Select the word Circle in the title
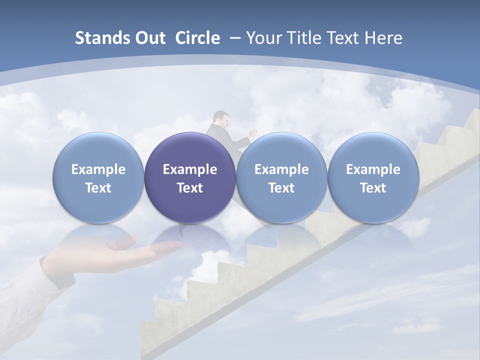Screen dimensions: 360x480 pyautogui.click(x=197, y=38)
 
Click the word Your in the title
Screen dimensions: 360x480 pyautogui.click(x=263, y=38)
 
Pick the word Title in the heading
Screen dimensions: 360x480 pyautogui.click(x=301, y=38)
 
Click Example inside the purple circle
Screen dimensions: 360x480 pyautogui.click(x=190, y=169)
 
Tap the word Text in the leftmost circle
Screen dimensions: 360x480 pyautogui.click(x=98, y=188)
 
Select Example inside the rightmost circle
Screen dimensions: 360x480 pyautogui.click(x=373, y=169)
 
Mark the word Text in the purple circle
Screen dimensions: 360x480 pyautogui.click(x=190, y=188)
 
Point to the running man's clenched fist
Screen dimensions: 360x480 pyautogui.click(x=253, y=133)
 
